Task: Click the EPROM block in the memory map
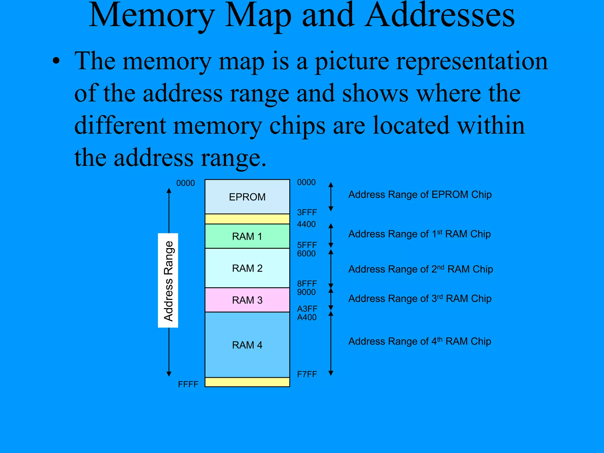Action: (x=247, y=197)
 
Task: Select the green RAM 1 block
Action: (x=247, y=236)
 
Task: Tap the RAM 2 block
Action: (x=247, y=268)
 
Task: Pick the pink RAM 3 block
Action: (x=247, y=300)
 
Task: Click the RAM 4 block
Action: (x=247, y=345)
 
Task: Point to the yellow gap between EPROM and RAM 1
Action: (x=247, y=219)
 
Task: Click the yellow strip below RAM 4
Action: (x=247, y=382)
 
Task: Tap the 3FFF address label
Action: (x=307, y=212)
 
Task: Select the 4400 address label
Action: (x=306, y=224)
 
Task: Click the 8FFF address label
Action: (x=307, y=284)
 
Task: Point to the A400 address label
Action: (x=307, y=317)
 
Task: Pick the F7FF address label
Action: (x=307, y=374)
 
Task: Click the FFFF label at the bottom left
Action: (x=188, y=384)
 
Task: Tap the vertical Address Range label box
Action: (x=168, y=280)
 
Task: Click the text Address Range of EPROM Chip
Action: (x=420, y=195)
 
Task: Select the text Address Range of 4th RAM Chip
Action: (x=420, y=341)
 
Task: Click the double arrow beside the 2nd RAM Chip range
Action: (x=331, y=269)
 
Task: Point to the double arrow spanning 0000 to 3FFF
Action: (x=331, y=197)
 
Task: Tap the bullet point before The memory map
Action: (x=56, y=61)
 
